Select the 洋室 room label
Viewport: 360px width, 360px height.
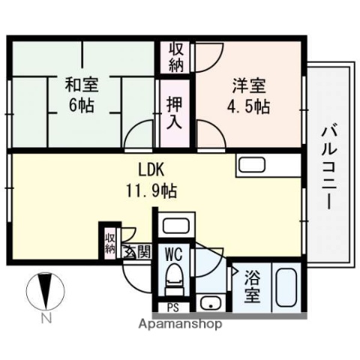(247, 85)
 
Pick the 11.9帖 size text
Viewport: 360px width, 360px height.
(151, 190)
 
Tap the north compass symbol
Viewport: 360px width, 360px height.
(45, 292)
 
